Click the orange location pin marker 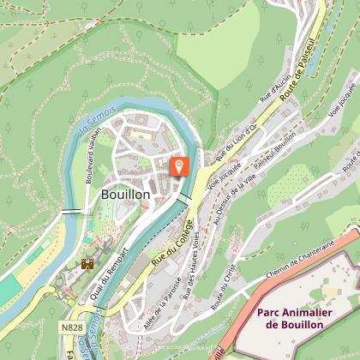pos(180,165)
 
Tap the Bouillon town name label pos(125,195)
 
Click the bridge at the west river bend pos(70,211)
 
